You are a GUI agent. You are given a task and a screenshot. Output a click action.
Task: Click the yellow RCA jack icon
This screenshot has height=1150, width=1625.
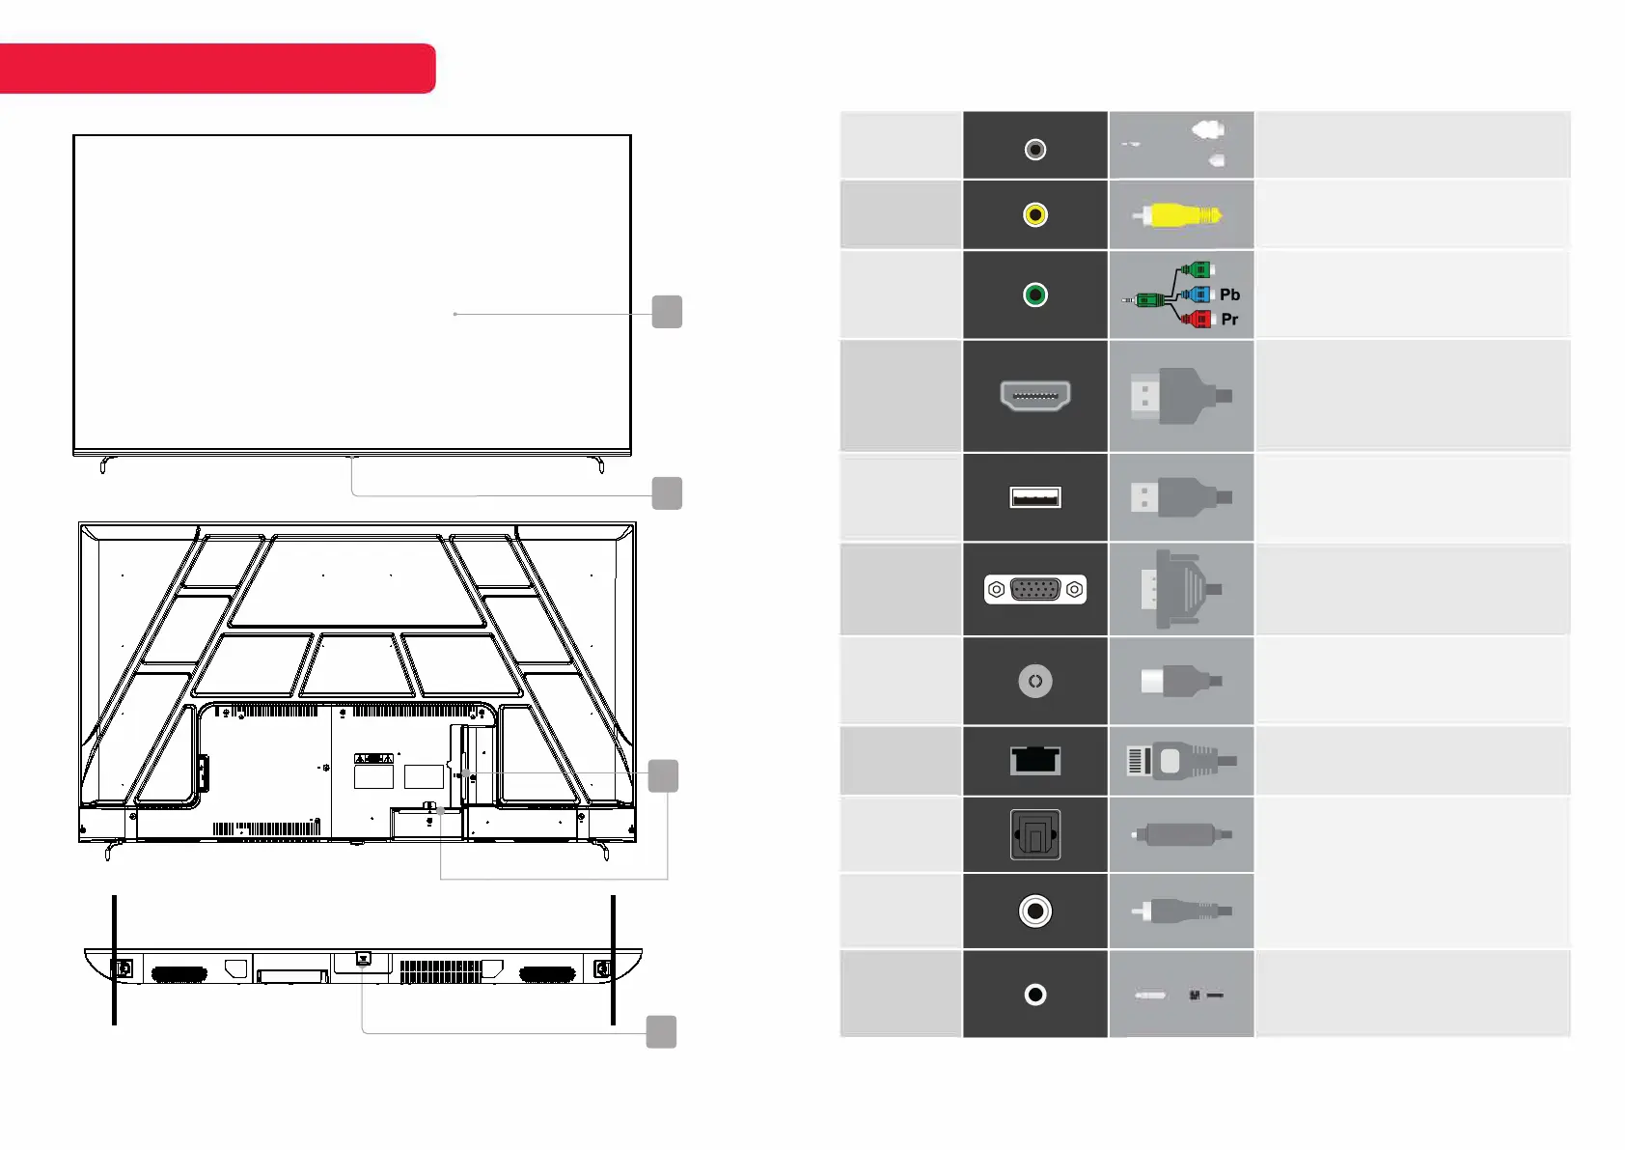pos(1035,215)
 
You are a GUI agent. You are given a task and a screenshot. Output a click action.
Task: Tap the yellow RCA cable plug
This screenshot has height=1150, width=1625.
pos(1178,215)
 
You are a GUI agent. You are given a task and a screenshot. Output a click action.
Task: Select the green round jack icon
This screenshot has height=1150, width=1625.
pos(1035,295)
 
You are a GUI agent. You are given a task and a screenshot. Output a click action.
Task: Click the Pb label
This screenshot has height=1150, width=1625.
pos(1229,295)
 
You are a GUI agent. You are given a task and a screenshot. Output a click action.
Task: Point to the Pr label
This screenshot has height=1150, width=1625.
pos(1229,319)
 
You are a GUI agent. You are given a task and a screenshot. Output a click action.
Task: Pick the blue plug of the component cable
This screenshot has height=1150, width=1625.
pos(1197,295)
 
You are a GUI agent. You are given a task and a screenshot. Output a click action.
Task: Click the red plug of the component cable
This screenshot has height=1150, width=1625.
pos(1197,319)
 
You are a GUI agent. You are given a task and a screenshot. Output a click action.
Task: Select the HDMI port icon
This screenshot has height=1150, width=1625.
pos(1035,396)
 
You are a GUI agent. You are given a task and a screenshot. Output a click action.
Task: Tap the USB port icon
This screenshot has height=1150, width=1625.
pos(1035,497)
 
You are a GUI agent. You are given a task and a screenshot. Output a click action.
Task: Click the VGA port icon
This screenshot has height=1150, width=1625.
pos(1035,590)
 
